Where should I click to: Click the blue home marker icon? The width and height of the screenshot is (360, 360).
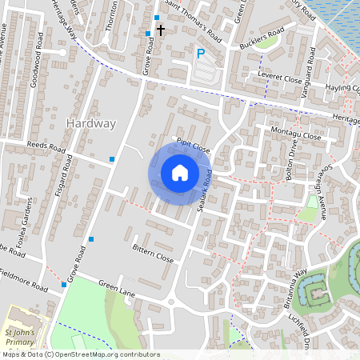coord(180,173)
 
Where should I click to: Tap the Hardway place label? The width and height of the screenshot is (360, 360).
coord(92,123)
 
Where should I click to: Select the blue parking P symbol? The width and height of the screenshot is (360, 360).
coord(201,54)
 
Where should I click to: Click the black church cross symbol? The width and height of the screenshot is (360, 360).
coord(161,30)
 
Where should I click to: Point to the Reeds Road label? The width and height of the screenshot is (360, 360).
coord(46,148)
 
